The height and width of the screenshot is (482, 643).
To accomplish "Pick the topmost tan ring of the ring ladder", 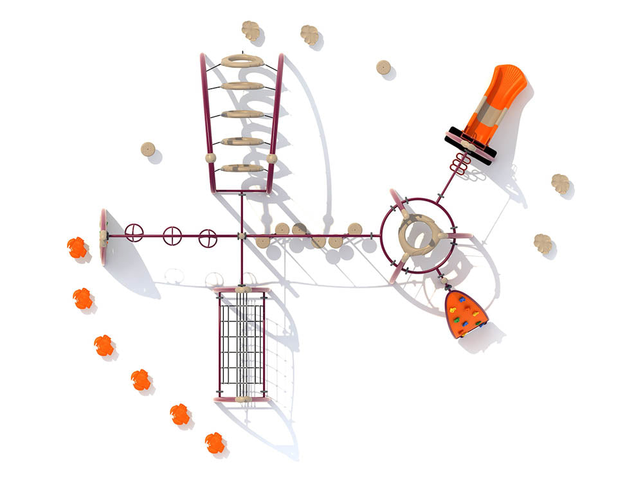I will [242, 61].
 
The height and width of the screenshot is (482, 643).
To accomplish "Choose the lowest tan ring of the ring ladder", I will [242, 168].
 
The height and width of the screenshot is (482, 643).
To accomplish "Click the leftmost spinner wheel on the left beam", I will [134, 232].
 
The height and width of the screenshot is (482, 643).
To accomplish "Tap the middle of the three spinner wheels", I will [172, 236].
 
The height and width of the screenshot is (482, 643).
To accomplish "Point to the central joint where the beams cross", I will [242, 237].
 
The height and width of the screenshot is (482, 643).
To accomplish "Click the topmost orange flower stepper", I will [77, 247].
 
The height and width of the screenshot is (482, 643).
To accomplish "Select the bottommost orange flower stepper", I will [215, 442].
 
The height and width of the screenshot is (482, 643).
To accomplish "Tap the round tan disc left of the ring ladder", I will [148, 150].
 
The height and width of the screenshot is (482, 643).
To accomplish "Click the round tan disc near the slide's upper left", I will [383, 67].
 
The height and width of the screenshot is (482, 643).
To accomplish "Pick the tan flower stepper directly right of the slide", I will [561, 184].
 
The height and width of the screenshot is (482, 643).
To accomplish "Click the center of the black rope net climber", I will [242, 345].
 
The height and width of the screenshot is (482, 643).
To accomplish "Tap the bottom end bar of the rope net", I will [242, 399].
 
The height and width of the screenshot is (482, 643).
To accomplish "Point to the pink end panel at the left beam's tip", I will [103, 228].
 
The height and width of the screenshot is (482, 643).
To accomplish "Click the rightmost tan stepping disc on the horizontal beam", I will [355, 229].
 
